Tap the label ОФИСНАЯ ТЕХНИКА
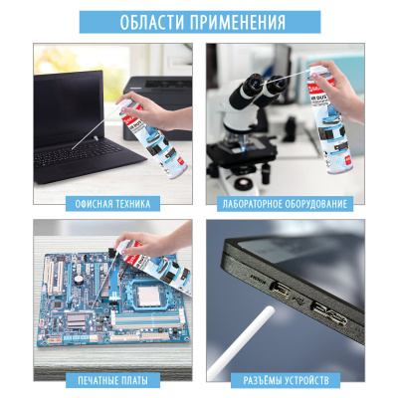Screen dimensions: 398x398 pos(112,204)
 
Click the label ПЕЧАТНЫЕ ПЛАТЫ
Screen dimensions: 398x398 pos(112,380)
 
